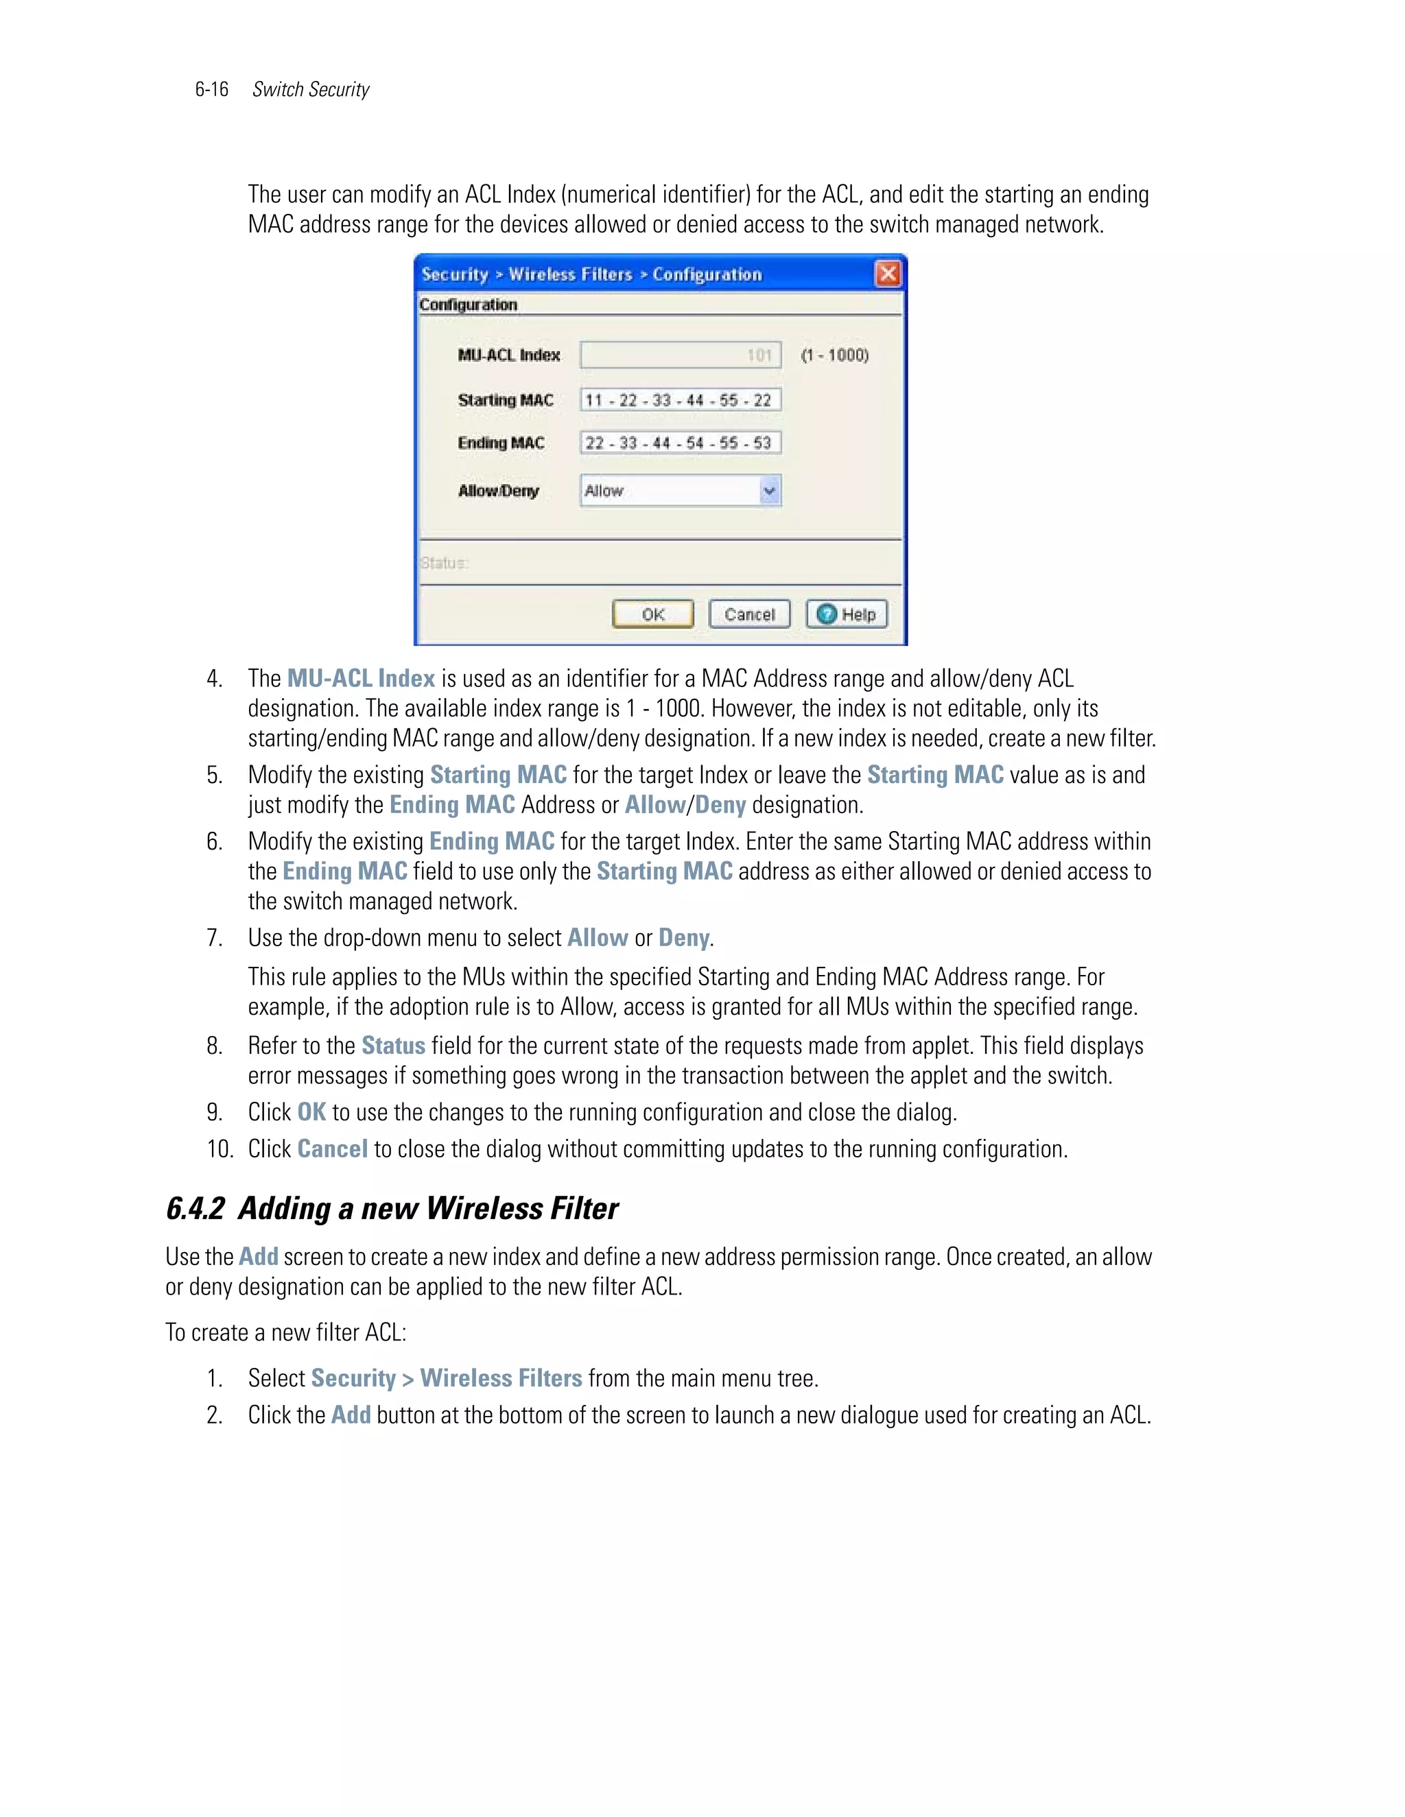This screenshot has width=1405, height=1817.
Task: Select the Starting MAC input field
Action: click(x=680, y=400)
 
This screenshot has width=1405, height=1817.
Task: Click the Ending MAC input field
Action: click(x=680, y=443)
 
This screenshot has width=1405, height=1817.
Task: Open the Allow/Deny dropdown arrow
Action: click(x=770, y=491)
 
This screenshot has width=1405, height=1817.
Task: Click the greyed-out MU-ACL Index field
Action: click(x=680, y=355)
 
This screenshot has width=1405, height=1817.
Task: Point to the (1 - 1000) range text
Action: click(x=834, y=355)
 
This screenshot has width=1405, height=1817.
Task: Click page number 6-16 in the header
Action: click(x=211, y=89)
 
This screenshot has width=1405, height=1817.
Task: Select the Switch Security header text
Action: click(x=311, y=89)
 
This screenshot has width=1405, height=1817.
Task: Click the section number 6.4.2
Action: click(x=195, y=1209)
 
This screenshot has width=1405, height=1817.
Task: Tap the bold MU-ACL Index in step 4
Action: click(x=362, y=678)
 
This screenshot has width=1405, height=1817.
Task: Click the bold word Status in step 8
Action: click(x=393, y=1046)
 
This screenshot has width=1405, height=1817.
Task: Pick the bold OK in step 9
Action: click(x=311, y=1112)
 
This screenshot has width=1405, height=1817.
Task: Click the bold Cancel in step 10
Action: click(x=332, y=1149)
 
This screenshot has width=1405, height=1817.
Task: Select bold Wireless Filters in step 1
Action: click(x=500, y=1379)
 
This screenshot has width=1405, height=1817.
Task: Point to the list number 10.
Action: click(x=220, y=1149)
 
